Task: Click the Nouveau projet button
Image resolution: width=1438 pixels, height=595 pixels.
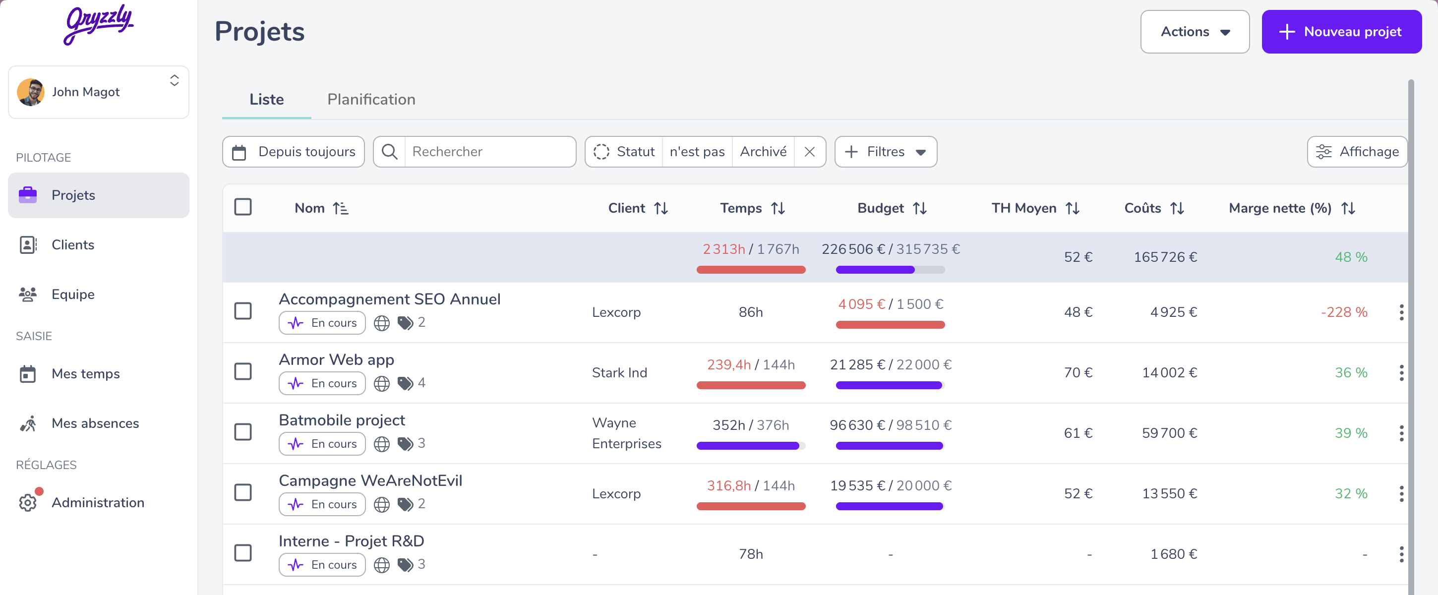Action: [1341, 32]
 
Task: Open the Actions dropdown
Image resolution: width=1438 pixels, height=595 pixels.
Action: [1195, 32]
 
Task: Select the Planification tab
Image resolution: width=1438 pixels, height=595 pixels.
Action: [371, 99]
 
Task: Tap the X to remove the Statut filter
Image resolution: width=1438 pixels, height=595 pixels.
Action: [809, 152]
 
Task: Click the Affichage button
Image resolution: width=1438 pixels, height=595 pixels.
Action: [1357, 152]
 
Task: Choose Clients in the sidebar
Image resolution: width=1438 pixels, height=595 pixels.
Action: [72, 245]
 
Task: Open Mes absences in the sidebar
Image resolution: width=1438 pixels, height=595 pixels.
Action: [95, 423]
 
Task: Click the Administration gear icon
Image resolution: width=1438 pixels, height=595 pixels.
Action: [27, 502]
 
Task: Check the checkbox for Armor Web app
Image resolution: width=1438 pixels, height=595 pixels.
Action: [243, 371]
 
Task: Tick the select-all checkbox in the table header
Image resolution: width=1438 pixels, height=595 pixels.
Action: [243, 207]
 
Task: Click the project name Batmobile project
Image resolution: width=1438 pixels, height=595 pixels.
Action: [342, 420]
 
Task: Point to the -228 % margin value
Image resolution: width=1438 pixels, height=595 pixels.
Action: [1344, 312]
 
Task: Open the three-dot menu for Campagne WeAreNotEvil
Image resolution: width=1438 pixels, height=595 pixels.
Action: [1401, 493]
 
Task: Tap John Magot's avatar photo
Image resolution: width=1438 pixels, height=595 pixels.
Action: [31, 92]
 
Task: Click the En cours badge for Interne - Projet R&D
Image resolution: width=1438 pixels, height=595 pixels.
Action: [322, 565]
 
